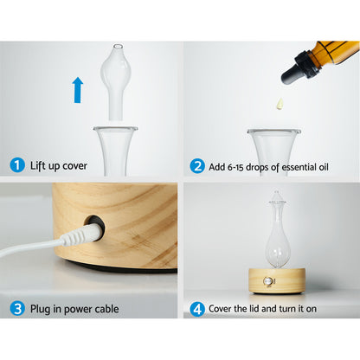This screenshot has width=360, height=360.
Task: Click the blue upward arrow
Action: [x=78, y=89]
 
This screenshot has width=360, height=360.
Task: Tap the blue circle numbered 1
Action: [x=16, y=164]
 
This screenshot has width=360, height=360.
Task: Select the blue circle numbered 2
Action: [x=196, y=164]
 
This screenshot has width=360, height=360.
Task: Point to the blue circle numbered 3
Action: [x=16, y=308]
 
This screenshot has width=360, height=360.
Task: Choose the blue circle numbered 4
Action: [x=196, y=308]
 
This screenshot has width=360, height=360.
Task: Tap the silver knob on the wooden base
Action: [x=267, y=280]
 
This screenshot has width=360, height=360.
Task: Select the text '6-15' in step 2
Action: [x=245, y=165]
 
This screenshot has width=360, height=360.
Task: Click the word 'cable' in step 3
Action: [x=100, y=309]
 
